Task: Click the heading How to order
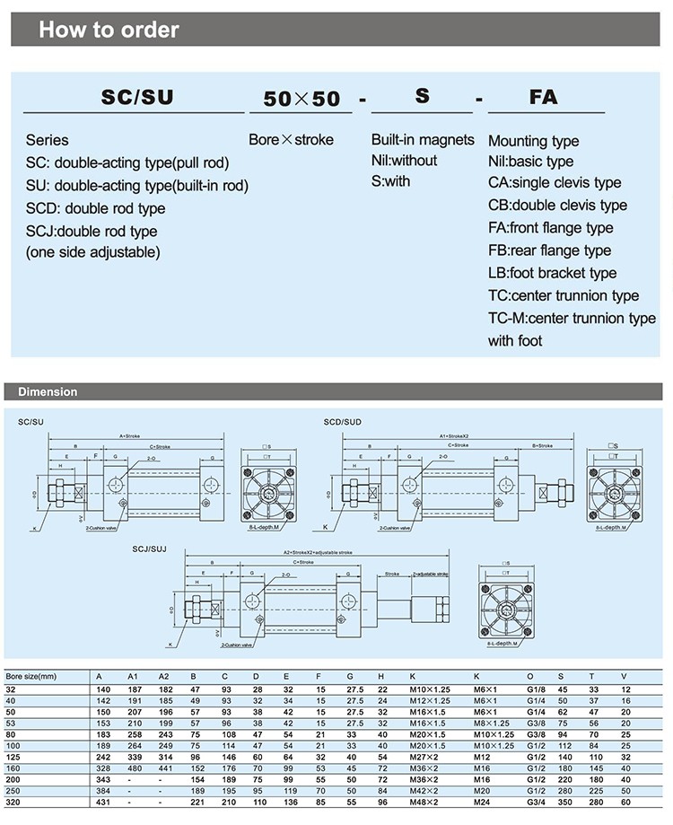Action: [x=109, y=30]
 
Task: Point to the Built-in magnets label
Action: [x=423, y=139]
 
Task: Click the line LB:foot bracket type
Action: [x=552, y=273]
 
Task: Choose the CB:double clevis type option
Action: [x=557, y=205]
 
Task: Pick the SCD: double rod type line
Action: [x=95, y=208]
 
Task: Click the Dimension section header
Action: [x=48, y=391]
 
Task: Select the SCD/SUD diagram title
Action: [x=342, y=420]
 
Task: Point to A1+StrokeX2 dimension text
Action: [x=455, y=435]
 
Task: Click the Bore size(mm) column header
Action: [x=31, y=675]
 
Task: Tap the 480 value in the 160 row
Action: [x=134, y=768]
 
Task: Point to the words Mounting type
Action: [x=533, y=141]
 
